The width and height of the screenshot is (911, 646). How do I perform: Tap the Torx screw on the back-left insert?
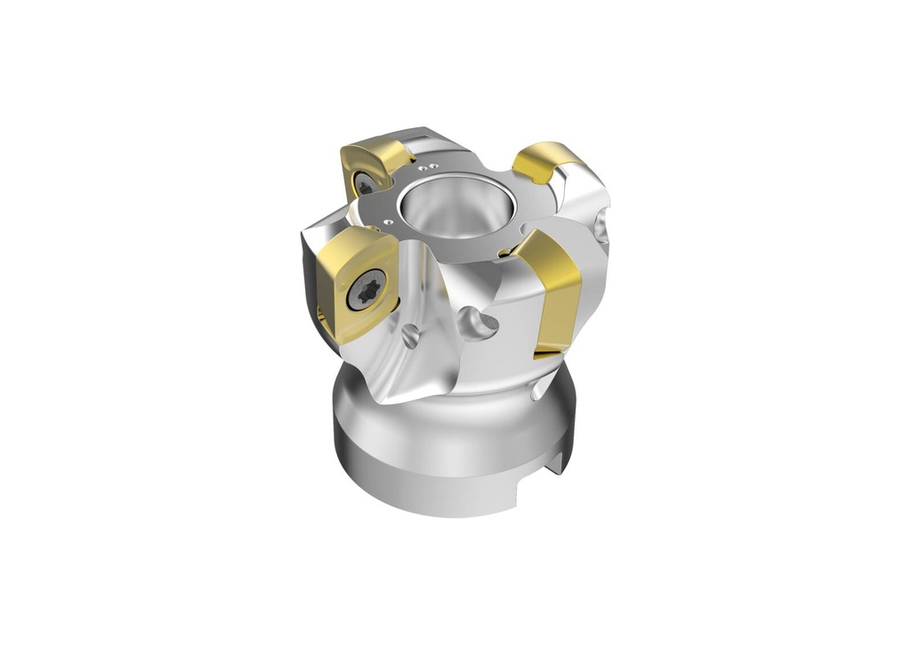click(364, 185)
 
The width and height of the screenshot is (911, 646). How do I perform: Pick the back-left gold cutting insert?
click(374, 169)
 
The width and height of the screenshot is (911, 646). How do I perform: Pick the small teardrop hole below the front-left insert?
click(410, 337)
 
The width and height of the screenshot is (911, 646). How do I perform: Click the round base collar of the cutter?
click(445, 454)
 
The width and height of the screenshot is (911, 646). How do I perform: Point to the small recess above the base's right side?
click(537, 392)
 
